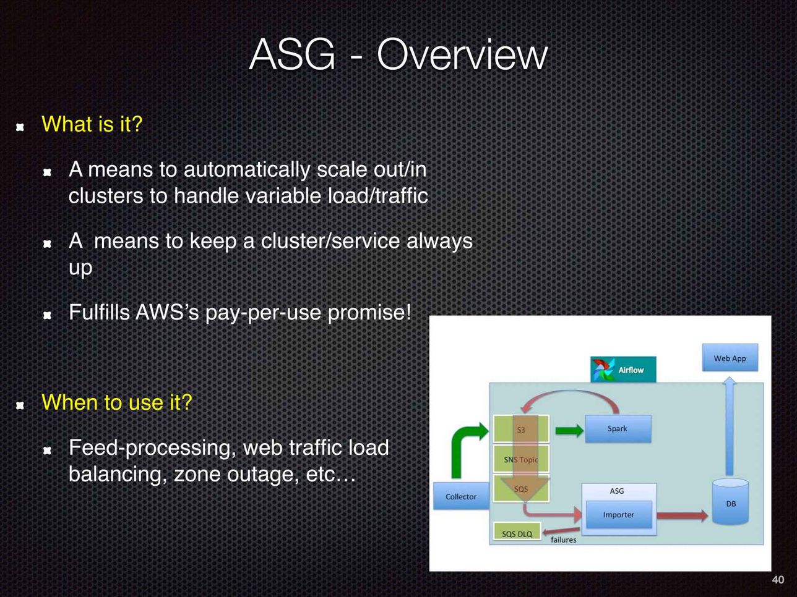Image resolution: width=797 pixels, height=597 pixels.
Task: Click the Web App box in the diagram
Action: coord(730,357)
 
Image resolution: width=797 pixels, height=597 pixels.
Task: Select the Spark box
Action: coord(618,429)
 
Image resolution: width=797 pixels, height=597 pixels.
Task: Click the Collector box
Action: coord(461,496)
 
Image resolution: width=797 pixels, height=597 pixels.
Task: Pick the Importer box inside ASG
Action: coord(619,515)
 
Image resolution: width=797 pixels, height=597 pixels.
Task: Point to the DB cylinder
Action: coord(730,502)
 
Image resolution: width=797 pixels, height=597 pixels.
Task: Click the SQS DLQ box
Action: coord(517,531)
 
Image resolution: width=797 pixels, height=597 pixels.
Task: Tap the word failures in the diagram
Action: coord(564,540)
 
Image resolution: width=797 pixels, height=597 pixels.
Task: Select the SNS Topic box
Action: coord(521,459)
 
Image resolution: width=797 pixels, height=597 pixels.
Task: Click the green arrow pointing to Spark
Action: coord(569,430)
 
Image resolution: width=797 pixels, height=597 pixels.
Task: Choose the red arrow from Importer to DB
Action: coord(683,515)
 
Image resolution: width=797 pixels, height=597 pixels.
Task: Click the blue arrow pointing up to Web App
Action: coord(729,426)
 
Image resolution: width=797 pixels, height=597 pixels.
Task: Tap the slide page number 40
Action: coord(778,580)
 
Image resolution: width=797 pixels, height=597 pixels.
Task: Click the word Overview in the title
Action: coord(462,55)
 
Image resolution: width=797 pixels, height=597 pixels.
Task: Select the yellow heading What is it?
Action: coord(92,124)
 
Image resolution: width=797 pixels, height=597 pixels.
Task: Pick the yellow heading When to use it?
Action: coord(117,402)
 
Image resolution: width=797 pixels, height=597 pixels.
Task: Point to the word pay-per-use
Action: coord(263,313)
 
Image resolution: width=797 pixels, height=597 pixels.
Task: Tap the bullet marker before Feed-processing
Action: coord(47,451)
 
